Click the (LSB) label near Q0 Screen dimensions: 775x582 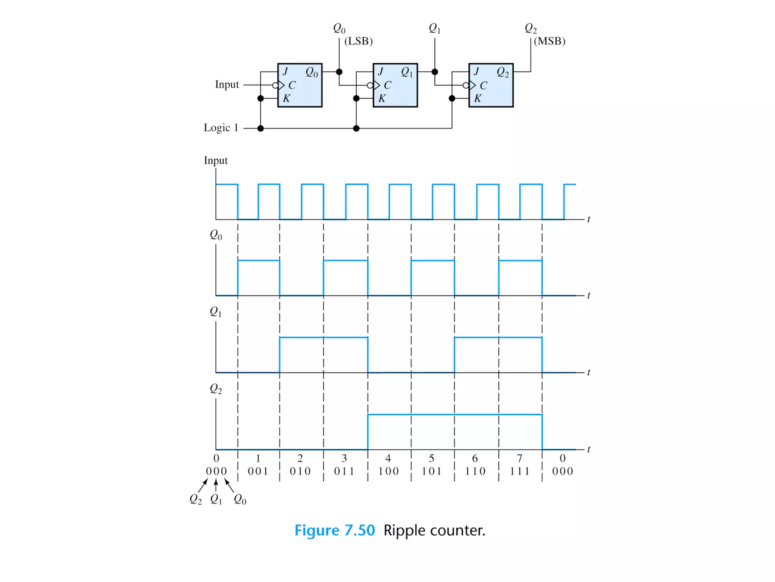[358, 41]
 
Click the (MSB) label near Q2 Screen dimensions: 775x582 [549, 41]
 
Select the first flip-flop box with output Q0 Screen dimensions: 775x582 [300, 85]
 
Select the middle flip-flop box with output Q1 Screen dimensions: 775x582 [395, 85]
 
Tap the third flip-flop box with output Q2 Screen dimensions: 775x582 [491, 85]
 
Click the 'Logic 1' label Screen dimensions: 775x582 [221, 128]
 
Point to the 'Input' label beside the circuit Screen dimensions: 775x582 [227, 84]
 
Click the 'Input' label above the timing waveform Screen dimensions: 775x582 [216, 160]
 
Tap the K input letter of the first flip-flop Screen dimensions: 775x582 [286, 99]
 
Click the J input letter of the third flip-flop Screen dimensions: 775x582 [476, 71]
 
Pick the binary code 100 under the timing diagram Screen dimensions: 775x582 [389, 471]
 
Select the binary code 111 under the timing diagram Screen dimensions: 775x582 [520, 471]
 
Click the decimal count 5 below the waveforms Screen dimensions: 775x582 [431, 458]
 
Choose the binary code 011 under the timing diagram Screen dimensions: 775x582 [344, 471]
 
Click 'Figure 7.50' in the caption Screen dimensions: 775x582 [335, 530]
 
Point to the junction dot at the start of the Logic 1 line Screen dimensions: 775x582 [260, 128]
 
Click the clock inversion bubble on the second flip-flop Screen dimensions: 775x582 [370, 85]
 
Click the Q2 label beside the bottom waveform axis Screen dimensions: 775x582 [216, 389]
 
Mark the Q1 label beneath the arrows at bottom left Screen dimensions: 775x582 [216, 499]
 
